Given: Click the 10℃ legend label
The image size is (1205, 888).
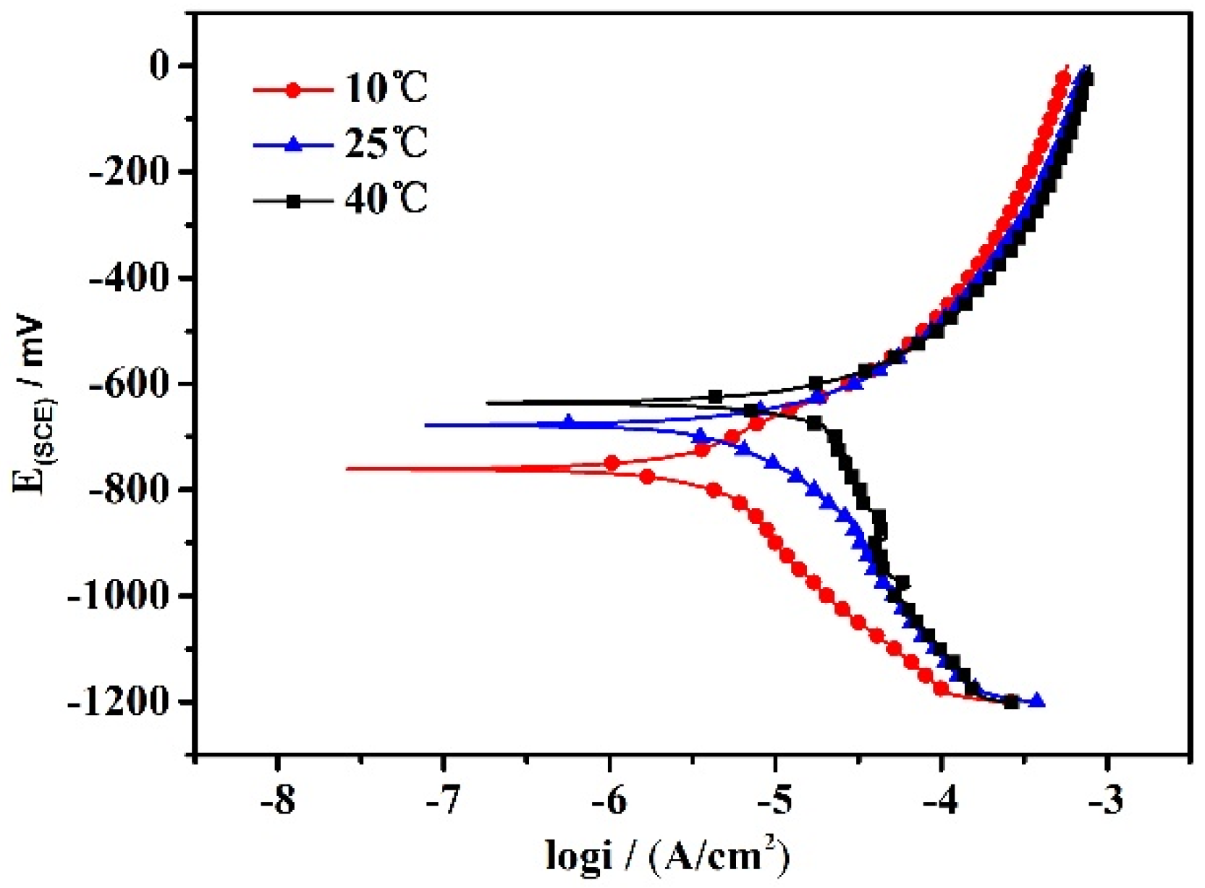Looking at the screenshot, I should [386, 88].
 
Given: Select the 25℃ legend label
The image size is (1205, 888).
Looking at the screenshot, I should [386, 143].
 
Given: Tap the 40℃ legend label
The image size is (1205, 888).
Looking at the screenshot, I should [386, 198].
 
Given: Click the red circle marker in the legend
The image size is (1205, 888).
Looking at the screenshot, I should [293, 90].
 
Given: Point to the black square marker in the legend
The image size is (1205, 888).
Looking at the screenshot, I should [293, 201].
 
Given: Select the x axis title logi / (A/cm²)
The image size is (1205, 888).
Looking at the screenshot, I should [667, 855].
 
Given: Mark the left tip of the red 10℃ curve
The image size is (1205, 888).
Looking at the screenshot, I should [348, 469].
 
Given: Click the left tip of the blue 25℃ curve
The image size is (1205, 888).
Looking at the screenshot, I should [426, 425].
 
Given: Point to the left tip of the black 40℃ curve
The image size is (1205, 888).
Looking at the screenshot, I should [488, 402].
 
